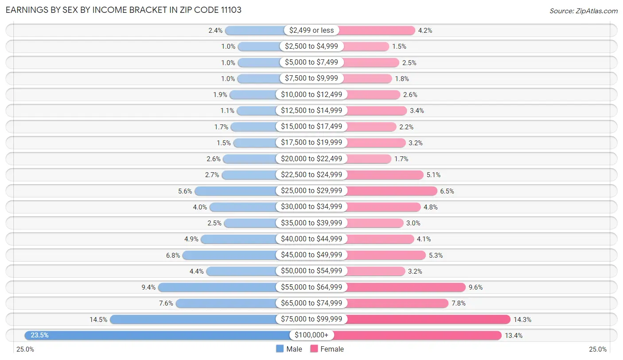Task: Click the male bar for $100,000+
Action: [155, 335]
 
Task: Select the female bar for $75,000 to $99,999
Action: [428, 319]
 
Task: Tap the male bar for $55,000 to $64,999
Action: [217, 287]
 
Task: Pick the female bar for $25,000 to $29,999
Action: [391, 191]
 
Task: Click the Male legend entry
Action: [289, 349]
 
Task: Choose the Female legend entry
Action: [327, 349]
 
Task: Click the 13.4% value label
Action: [514, 335]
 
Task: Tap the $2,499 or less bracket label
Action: [311, 30]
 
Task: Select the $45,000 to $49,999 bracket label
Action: [311, 255]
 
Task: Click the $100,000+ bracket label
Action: [311, 335]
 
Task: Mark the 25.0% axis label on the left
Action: [25, 349]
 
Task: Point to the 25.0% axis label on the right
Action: [598, 349]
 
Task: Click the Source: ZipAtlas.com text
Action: [583, 11]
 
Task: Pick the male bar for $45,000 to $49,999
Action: [230, 255]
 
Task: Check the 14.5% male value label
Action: [98, 319]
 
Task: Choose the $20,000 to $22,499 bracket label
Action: [311, 159]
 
